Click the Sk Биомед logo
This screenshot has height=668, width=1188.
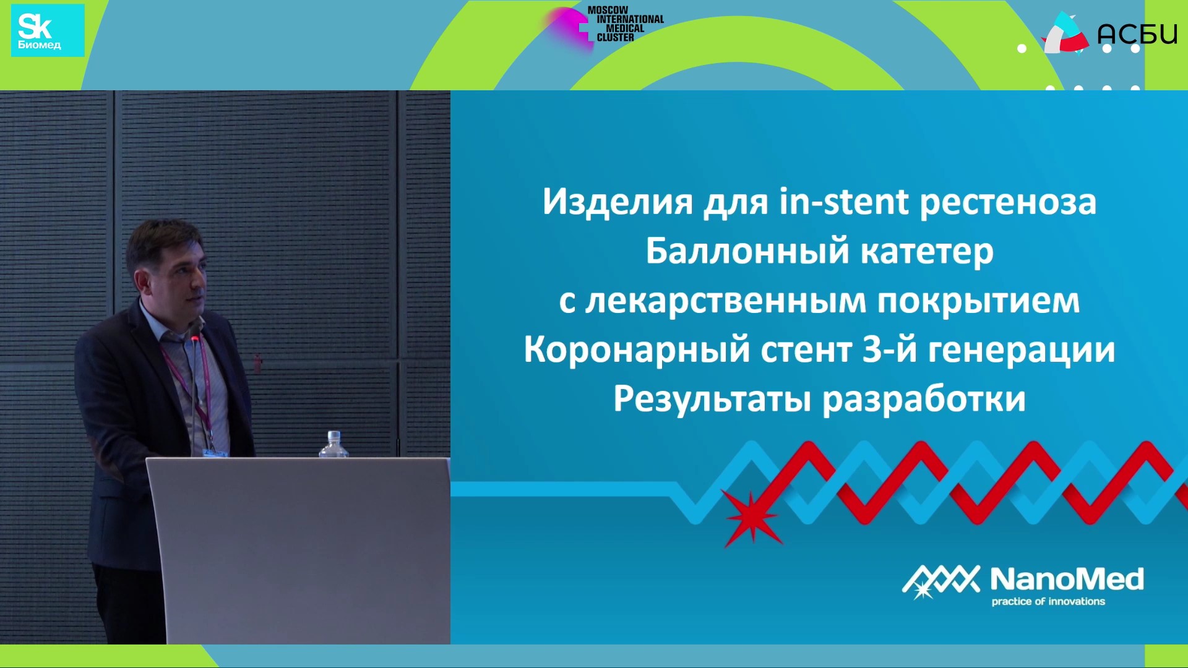click(48, 31)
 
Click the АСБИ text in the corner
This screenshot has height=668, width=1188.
click(1137, 33)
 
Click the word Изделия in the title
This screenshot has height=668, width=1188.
click(618, 203)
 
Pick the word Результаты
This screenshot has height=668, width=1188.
click(712, 400)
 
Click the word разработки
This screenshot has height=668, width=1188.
click(924, 400)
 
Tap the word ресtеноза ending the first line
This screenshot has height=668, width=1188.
click(1008, 203)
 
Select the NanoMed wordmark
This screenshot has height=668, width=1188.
click(1067, 579)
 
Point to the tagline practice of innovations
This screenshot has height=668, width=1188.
click(1048, 601)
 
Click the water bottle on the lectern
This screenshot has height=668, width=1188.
click(334, 444)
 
